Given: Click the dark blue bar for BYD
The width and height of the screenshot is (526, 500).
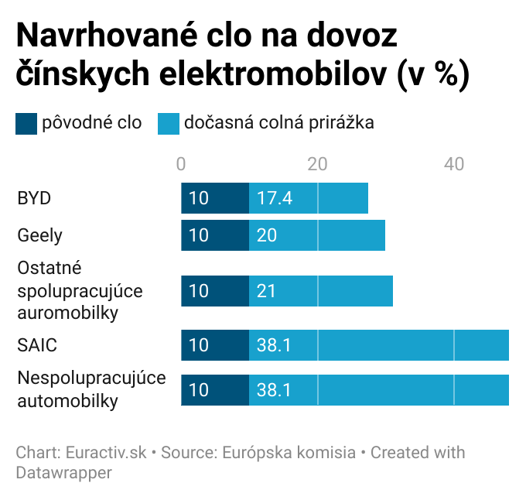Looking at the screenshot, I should pos(214,198).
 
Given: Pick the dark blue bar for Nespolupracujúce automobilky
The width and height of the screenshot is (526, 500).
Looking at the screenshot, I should pos(214,390).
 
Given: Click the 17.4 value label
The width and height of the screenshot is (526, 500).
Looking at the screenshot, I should pos(275,198).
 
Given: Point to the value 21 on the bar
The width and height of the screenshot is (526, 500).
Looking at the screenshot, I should pos(267,291).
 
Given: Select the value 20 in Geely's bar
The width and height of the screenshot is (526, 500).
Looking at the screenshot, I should pos(267,235).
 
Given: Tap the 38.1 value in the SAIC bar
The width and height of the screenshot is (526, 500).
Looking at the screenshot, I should pos(275,344).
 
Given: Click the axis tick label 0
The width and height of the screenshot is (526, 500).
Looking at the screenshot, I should pos(181,164).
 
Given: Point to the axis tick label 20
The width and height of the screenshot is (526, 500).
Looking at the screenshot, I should pos(317,164).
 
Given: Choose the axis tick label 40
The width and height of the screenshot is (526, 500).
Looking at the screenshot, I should pos(454,164).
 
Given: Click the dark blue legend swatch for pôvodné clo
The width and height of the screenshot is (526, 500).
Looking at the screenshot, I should pos(26,123).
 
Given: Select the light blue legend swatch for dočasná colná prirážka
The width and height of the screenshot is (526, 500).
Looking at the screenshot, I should pos(169,123).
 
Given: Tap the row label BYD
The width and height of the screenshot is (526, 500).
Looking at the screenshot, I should pos(34,198).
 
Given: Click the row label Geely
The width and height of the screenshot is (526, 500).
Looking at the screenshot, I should pos(39,235).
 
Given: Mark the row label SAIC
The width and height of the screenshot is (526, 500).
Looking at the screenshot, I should pos(37,344).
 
